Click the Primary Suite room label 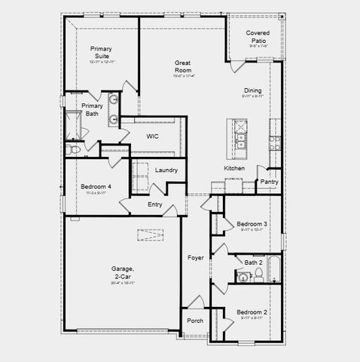101,53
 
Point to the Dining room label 252,91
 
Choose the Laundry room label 166,170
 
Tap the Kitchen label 234,167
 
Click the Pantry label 269,182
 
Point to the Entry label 155,204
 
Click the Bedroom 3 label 252,224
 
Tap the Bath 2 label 253,262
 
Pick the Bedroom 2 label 252,312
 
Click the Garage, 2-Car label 123,272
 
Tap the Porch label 195,321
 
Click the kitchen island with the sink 243,136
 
